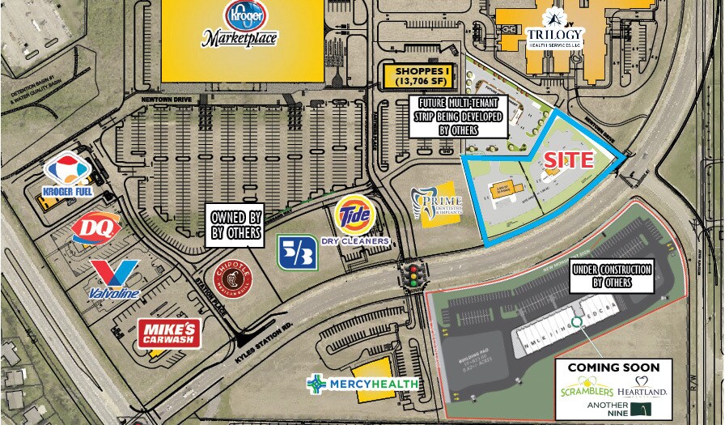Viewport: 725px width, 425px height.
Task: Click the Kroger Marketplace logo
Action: click(x=240, y=24)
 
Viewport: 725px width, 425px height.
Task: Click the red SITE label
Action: click(x=568, y=159)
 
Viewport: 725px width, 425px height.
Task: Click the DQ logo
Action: click(x=96, y=227)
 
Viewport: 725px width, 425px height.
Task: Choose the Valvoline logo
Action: click(x=114, y=278)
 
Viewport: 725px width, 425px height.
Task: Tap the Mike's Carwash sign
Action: click(x=169, y=332)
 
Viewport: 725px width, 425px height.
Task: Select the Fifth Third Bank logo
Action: click(x=297, y=252)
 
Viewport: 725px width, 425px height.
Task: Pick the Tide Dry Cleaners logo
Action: click(x=355, y=220)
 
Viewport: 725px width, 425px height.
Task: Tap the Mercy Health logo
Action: click(x=362, y=383)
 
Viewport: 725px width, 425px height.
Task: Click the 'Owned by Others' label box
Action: click(x=236, y=224)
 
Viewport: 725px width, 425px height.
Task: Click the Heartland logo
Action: click(x=645, y=387)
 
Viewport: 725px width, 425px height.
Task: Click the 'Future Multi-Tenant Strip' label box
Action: click(x=460, y=116)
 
